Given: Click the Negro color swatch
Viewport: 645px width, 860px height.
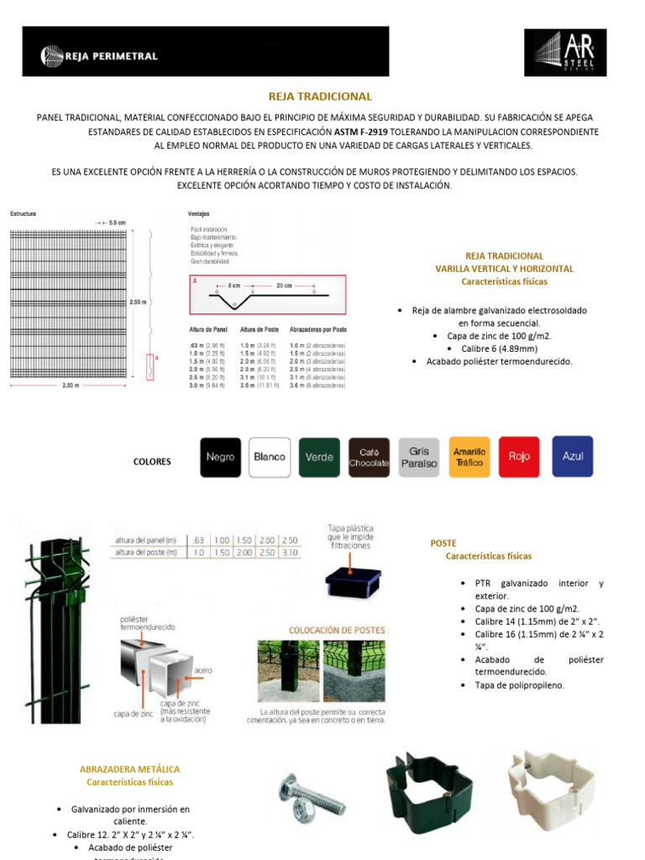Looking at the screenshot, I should pyautogui.click(x=220, y=458).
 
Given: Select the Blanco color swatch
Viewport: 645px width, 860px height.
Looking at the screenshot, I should pyautogui.click(x=270, y=458).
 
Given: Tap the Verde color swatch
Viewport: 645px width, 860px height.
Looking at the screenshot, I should pyautogui.click(x=319, y=458).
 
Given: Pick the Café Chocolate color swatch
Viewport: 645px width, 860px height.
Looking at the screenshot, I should pyautogui.click(x=370, y=458).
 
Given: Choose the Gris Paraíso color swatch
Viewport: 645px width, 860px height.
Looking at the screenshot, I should pyautogui.click(x=419, y=458).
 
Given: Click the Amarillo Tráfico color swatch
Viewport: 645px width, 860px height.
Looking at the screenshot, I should pyautogui.click(x=469, y=458).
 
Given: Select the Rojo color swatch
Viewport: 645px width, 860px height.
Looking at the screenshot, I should pyautogui.click(x=519, y=457).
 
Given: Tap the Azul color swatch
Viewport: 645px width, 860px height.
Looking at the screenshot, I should pyautogui.click(x=572, y=457).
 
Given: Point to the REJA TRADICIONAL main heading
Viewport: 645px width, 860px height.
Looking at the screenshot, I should pyautogui.click(x=319, y=97).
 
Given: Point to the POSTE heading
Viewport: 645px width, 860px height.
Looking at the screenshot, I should pyautogui.click(x=443, y=543).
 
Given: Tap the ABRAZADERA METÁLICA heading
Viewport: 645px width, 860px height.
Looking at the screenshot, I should pyautogui.click(x=129, y=769).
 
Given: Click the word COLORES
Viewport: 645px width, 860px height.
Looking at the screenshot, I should pyautogui.click(x=152, y=461).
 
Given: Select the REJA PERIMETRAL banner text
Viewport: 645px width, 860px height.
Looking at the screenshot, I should pyautogui.click(x=111, y=56).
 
